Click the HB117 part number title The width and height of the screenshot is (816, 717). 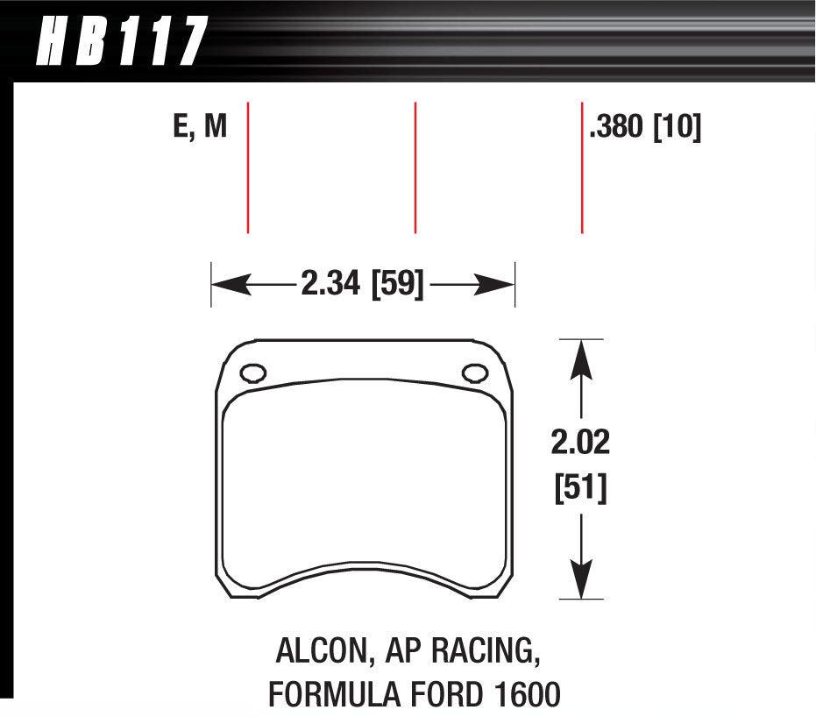(119, 41)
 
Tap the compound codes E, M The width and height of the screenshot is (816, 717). (200, 128)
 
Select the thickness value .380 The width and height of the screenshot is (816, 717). (617, 128)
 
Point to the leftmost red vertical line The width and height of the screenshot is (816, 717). (249, 167)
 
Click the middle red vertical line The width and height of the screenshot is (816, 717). (415, 167)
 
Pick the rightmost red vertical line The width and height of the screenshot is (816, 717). (582, 167)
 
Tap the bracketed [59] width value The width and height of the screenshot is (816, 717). (398, 284)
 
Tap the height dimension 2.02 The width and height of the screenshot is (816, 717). (579, 442)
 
